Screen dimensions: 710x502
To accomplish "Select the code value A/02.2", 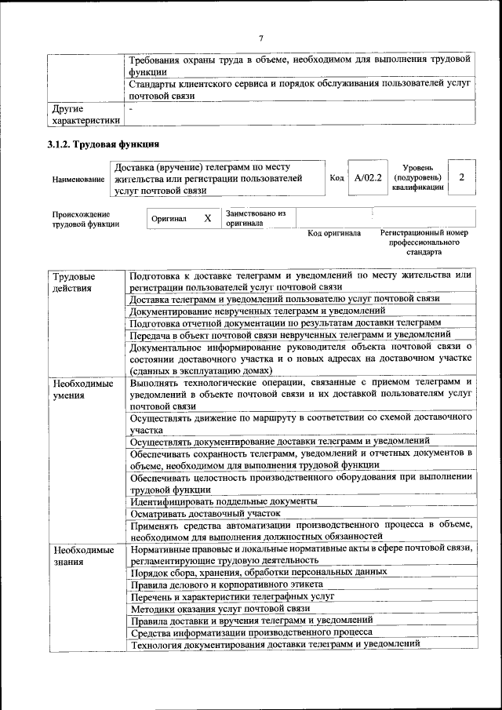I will tap(367, 178).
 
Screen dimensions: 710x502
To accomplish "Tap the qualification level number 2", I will tap(462, 177).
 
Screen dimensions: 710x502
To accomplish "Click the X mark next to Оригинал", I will tap(207, 218).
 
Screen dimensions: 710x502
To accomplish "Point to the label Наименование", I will tap(78, 180).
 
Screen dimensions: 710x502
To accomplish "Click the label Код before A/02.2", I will tap(337, 178).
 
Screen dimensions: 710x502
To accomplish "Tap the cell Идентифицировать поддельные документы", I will tap(224, 501).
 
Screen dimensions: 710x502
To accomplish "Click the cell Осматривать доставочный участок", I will tap(206, 513).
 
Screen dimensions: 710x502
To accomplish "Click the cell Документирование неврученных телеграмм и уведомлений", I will tap(257, 311).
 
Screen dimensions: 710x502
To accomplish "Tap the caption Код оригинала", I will tap(334, 233).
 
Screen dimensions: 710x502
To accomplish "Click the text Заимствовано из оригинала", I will tap(256, 218).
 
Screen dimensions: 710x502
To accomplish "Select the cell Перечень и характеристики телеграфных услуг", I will tap(232, 596).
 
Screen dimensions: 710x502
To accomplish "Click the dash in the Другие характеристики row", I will tap(132, 108).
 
